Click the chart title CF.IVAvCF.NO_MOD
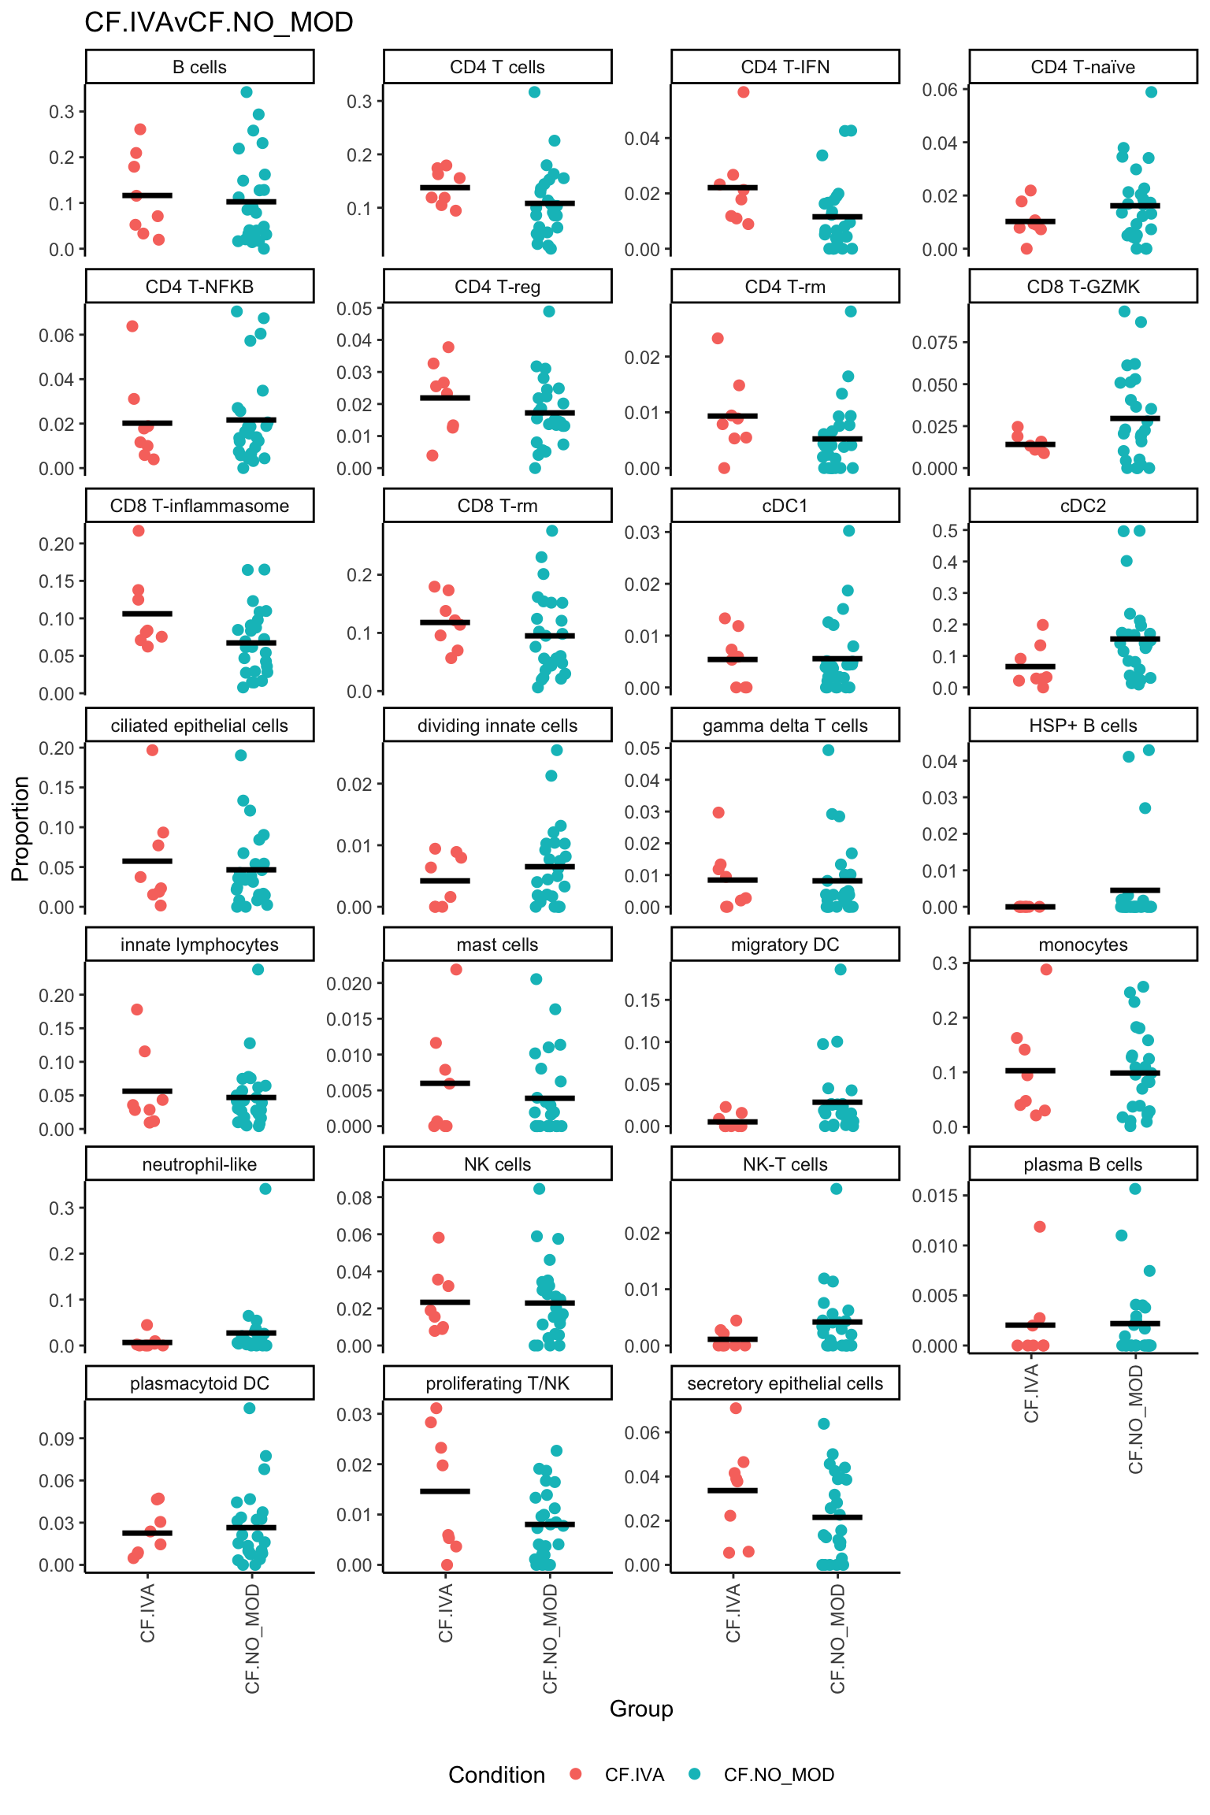(x=218, y=22)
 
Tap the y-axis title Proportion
(x=20, y=828)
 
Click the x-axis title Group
(x=640, y=1709)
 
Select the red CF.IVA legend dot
(x=576, y=1774)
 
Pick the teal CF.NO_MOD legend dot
(x=694, y=1774)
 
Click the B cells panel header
(x=199, y=67)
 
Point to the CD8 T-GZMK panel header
(x=1082, y=287)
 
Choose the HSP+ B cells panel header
(x=1082, y=726)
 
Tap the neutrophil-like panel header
(x=199, y=1164)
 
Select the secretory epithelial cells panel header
(x=785, y=1383)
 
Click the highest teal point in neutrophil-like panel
(x=265, y=1189)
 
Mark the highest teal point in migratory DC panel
(x=841, y=970)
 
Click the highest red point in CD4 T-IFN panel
(x=743, y=92)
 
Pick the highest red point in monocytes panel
(x=1046, y=970)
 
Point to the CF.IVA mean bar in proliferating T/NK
(x=445, y=1491)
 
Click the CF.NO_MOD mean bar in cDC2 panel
(x=1135, y=639)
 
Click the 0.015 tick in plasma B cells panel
(x=934, y=1196)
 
